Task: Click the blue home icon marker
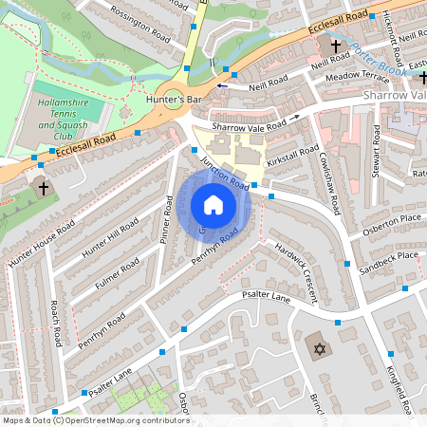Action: click(213, 205)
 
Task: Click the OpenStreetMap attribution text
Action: click(95, 419)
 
